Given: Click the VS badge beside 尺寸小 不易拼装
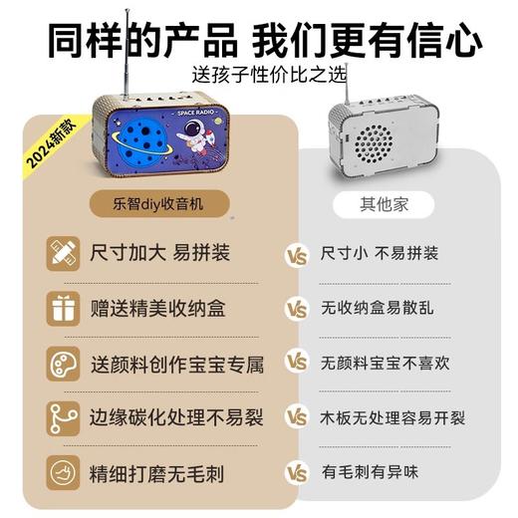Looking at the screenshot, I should [296, 254].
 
